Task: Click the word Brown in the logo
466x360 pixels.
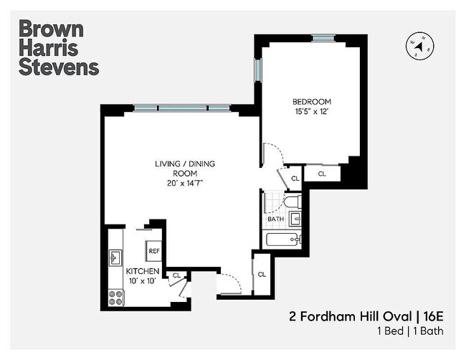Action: click(x=51, y=29)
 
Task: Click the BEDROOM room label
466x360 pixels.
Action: click(x=311, y=102)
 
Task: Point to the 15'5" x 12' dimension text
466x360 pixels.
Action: click(x=311, y=112)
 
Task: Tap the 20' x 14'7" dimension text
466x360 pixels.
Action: click(x=184, y=184)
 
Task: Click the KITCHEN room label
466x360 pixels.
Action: click(x=143, y=272)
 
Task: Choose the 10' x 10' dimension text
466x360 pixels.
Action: click(x=143, y=282)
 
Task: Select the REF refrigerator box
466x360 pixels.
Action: click(x=154, y=252)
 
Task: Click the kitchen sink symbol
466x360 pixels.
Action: click(x=115, y=257)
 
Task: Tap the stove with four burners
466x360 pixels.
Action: click(x=115, y=295)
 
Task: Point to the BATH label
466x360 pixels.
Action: click(x=276, y=219)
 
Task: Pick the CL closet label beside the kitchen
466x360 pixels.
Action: click(x=177, y=275)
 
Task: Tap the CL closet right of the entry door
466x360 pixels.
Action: click(x=262, y=274)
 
